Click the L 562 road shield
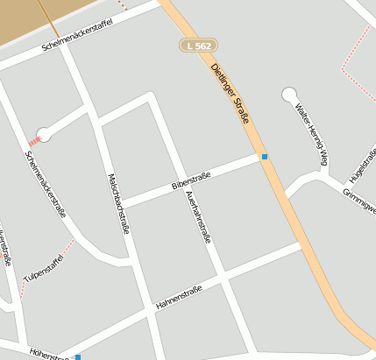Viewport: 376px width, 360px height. tap(198, 45)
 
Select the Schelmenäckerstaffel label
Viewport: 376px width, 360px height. tap(79, 34)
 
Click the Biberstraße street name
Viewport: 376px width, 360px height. tap(191, 181)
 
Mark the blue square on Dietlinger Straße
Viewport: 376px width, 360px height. tap(265, 157)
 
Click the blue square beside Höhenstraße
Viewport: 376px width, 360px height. tap(78, 357)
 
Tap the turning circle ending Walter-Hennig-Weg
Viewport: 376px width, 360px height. tap(288, 94)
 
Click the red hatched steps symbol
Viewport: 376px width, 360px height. tap(34, 139)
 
